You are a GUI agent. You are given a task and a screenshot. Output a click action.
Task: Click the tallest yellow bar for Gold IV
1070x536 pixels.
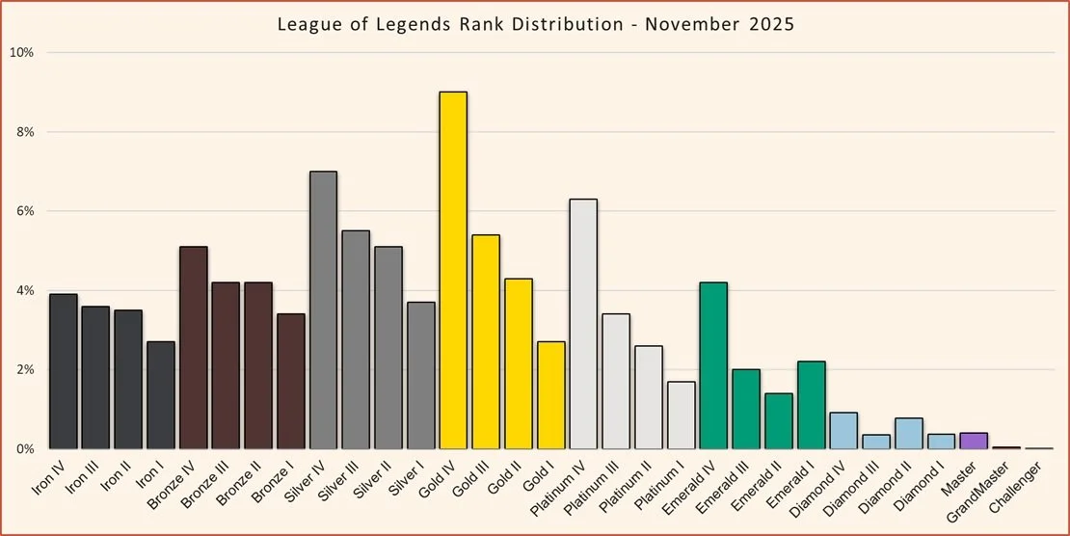click(x=454, y=270)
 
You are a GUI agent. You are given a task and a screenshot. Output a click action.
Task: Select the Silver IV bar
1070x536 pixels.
click(x=324, y=310)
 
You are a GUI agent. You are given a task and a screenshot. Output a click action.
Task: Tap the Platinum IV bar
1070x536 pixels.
click(x=583, y=324)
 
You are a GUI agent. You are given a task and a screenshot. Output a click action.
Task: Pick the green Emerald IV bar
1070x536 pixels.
click(x=713, y=365)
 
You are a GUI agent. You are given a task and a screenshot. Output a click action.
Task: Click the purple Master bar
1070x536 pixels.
click(x=974, y=442)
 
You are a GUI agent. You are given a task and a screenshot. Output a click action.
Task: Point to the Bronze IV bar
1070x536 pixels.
click(x=193, y=348)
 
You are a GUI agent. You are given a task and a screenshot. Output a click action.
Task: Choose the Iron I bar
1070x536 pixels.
click(x=161, y=395)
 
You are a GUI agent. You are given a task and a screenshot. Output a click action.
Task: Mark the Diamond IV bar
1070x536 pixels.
click(x=843, y=431)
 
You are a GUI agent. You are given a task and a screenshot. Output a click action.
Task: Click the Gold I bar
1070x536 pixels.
click(x=551, y=395)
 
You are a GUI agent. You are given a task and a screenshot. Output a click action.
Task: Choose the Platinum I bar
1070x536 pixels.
click(x=681, y=415)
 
